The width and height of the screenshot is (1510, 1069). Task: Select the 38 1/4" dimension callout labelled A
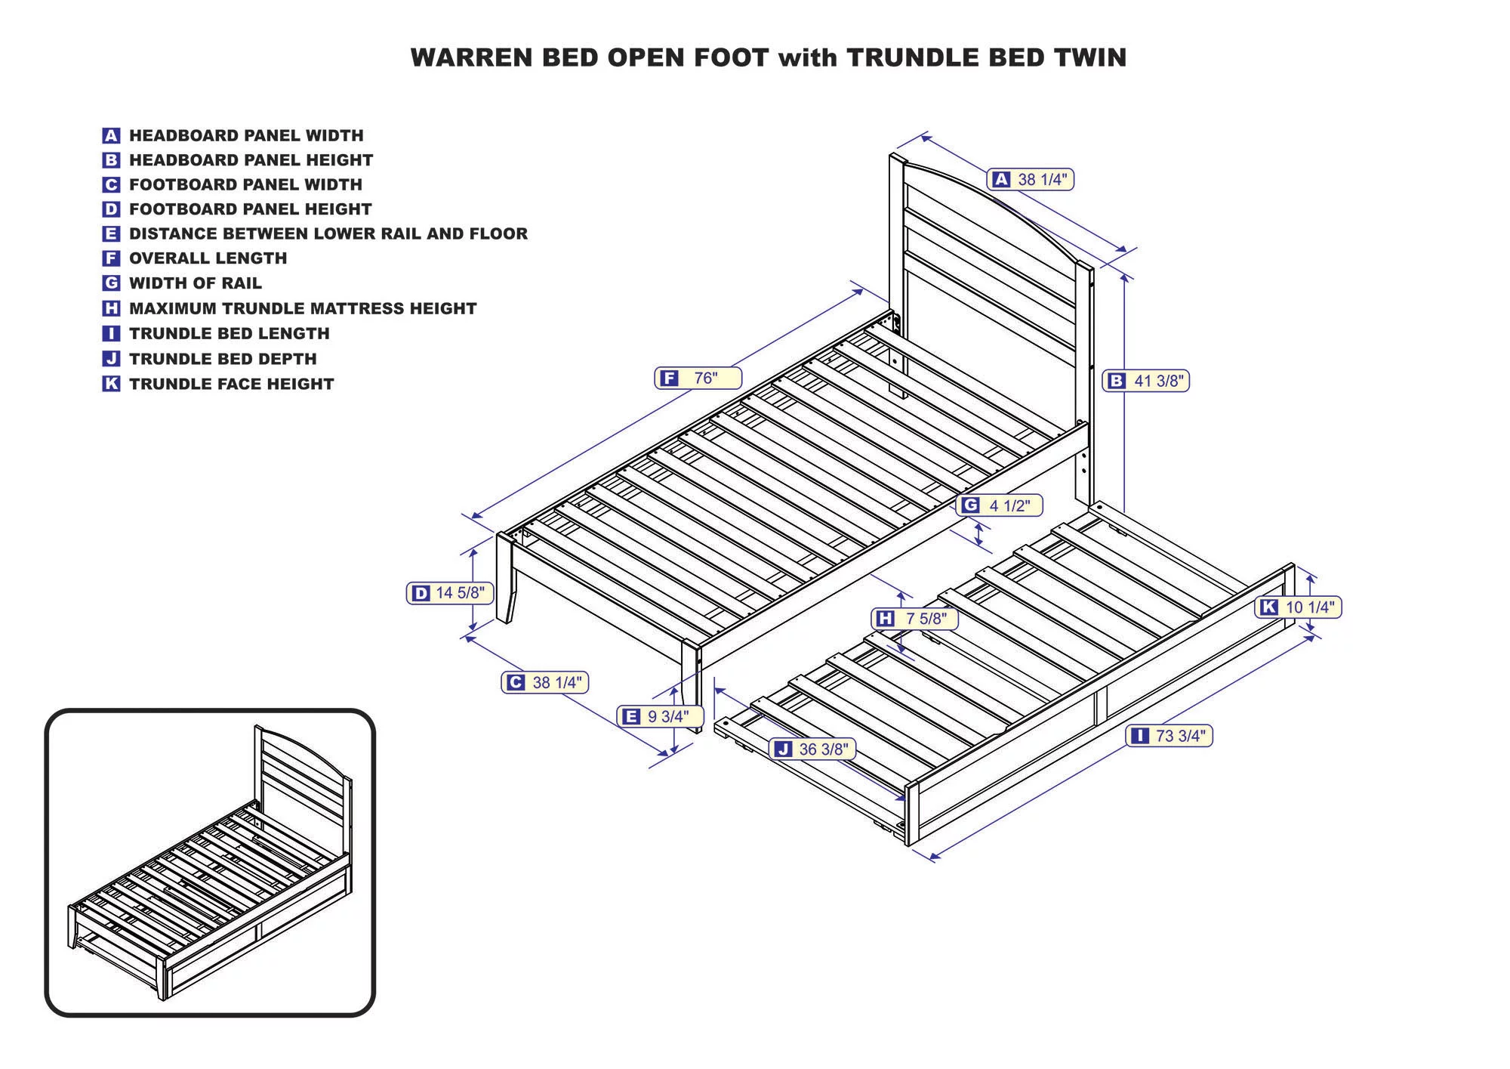pos(1030,180)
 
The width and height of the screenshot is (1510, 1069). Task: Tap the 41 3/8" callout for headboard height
pos(1146,381)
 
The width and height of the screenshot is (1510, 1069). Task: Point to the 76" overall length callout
pos(698,378)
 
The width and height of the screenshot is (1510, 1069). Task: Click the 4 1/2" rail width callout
pos(1000,505)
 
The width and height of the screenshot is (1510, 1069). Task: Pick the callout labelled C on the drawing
pos(544,682)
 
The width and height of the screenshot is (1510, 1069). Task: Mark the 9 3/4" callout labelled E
pos(659,716)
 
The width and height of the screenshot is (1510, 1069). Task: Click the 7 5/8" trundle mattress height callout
pos(914,619)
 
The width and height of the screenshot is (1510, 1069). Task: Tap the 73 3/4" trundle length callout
pos(1169,736)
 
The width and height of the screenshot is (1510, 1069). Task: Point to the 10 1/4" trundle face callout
pos(1298,607)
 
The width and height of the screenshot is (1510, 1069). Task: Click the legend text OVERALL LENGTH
pos(208,258)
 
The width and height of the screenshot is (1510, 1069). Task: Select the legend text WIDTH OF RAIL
pos(195,283)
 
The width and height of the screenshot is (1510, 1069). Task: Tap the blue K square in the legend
pos(111,384)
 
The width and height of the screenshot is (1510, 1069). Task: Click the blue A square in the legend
pos(111,136)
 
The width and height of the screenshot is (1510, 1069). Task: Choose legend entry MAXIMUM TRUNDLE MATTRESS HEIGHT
pos(302,308)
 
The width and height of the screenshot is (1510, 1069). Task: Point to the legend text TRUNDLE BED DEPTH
pos(223,359)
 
